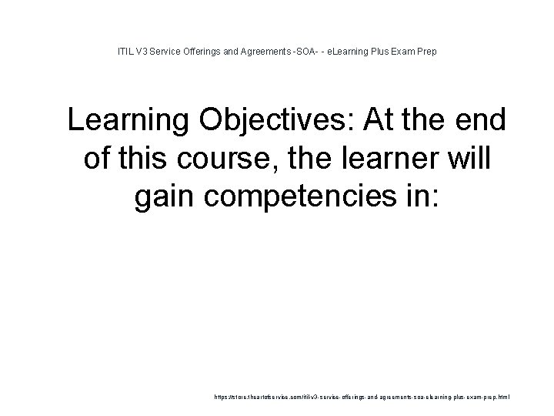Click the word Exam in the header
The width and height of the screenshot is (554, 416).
415,52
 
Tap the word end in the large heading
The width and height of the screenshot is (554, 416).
478,121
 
